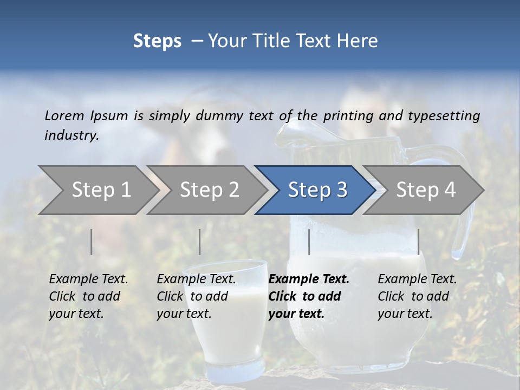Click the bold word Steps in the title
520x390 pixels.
(x=157, y=41)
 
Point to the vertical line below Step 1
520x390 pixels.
(x=92, y=242)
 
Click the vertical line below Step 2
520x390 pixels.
(x=200, y=242)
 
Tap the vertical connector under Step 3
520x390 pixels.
(x=309, y=242)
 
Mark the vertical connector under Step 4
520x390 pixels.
(x=419, y=242)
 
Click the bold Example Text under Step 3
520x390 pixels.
(x=309, y=279)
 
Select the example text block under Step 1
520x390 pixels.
(x=88, y=296)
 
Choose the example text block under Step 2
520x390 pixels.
(x=196, y=296)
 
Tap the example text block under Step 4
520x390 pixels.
(x=417, y=296)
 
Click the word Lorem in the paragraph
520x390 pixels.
(x=64, y=116)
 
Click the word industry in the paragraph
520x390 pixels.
(x=71, y=135)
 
